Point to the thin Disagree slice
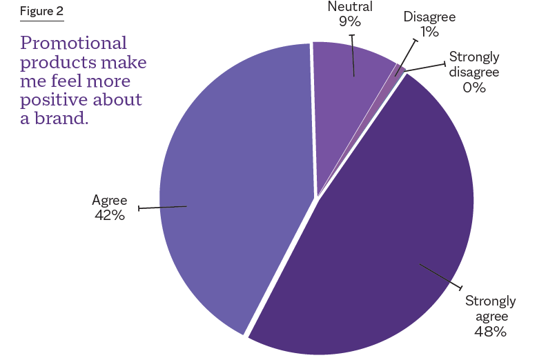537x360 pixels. pos(399,69)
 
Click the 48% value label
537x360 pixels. pos(490,332)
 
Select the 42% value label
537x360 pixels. pos(109,215)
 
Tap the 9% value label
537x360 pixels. pos(350,22)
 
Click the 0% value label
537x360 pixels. pos(474,87)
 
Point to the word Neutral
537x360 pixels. pos(350,8)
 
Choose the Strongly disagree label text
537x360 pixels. pos(474,64)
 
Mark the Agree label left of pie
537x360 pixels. pos(109,201)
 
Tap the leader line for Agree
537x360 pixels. pos(162,207)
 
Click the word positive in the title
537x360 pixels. pos(50,99)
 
